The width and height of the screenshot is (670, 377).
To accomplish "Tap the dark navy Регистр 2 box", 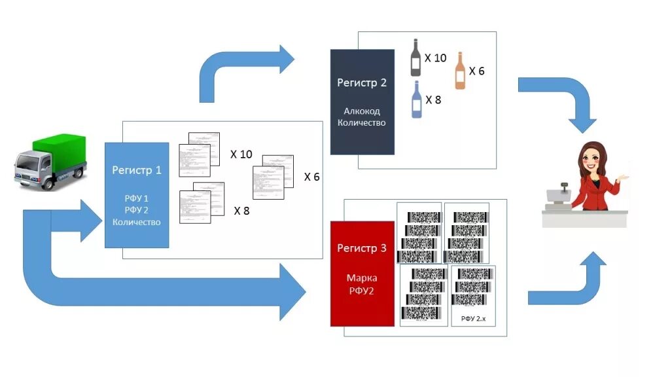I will pyautogui.click(x=362, y=101).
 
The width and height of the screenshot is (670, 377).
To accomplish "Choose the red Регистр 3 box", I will pyautogui.click(x=362, y=273).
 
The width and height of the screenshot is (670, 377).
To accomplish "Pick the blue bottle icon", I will pyautogui.click(x=416, y=99).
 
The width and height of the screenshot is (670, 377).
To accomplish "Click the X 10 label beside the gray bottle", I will pyautogui.click(x=435, y=58).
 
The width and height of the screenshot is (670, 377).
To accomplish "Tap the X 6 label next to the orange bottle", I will pyautogui.click(x=476, y=71).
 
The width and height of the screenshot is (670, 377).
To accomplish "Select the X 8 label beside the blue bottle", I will pyautogui.click(x=433, y=100).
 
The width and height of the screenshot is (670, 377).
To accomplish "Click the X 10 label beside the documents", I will pyautogui.click(x=241, y=154).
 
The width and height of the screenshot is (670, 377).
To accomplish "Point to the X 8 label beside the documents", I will pyautogui.click(x=241, y=211).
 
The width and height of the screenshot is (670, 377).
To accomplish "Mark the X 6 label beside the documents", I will pyautogui.click(x=311, y=177).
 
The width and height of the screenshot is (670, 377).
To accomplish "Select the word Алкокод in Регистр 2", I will pyautogui.click(x=362, y=111).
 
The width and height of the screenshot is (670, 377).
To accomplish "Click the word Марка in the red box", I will pyautogui.click(x=362, y=278).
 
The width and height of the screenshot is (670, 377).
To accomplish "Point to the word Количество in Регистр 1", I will pyautogui.click(x=137, y=222).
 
